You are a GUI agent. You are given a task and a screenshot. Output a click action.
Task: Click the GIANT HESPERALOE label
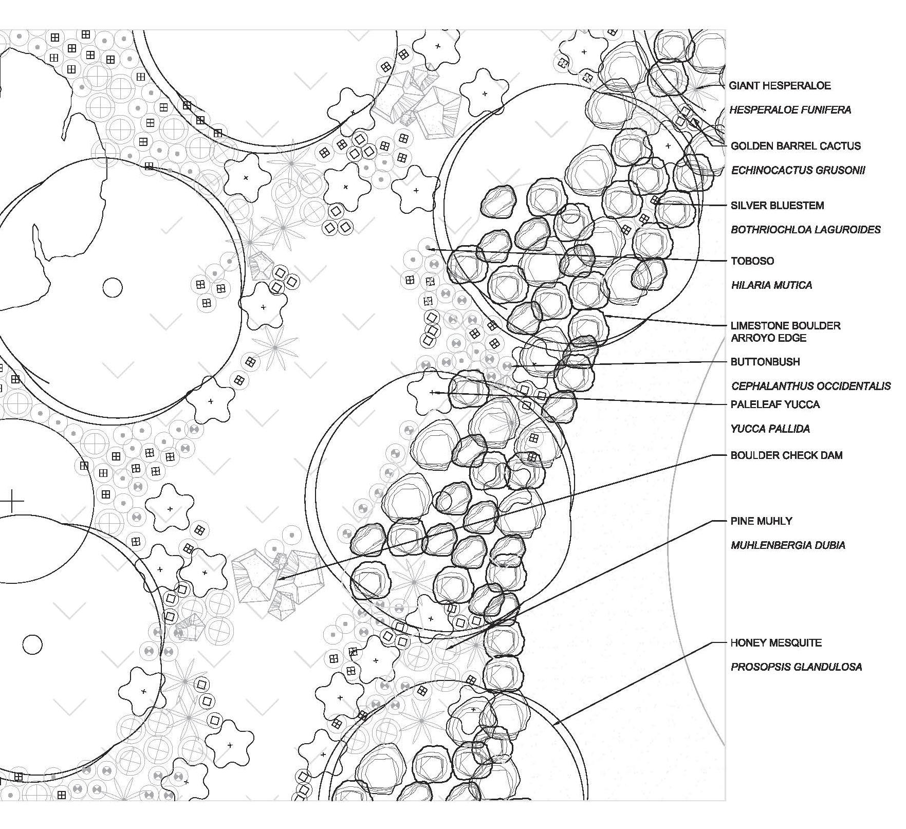tap(780, 86)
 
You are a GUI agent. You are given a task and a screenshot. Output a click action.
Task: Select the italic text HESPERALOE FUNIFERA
tap(790, 110)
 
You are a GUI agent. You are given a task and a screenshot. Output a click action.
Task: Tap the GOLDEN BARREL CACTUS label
tap(796, 146)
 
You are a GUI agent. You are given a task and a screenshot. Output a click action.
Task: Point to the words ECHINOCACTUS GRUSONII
tap(798, 170)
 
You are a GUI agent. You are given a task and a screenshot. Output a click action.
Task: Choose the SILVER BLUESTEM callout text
tap(777, 206)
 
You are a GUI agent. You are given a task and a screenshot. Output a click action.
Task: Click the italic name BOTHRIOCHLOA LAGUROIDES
tap(806, 230)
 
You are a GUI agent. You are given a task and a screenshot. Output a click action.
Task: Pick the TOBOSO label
tap(752, 261)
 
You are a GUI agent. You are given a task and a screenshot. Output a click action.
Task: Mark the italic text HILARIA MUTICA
tap(771, 285)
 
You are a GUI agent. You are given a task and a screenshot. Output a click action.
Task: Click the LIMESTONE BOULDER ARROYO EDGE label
tap(786, 332)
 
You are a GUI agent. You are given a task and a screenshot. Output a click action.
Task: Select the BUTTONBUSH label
tap(765, 362)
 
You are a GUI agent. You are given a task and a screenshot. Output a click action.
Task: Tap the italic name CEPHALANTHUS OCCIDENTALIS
tap(811, 386)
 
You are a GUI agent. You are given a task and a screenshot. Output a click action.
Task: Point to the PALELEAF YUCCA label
tap(775, 404)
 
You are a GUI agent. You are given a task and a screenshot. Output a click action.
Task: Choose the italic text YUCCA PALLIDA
tap(770, 429)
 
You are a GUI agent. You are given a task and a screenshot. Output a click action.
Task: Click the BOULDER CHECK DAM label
tap(786, 455)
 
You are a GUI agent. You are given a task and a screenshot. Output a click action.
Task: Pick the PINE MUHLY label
tap(761, 521)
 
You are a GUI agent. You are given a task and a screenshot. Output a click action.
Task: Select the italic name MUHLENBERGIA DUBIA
tap(788, 545)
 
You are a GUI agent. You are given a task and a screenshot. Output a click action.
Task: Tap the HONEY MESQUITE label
tap(776, 643)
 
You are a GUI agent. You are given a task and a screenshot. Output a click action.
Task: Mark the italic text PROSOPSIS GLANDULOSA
tap(796, 667)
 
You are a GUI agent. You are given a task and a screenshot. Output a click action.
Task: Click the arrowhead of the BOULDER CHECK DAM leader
tap(279, 579)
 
